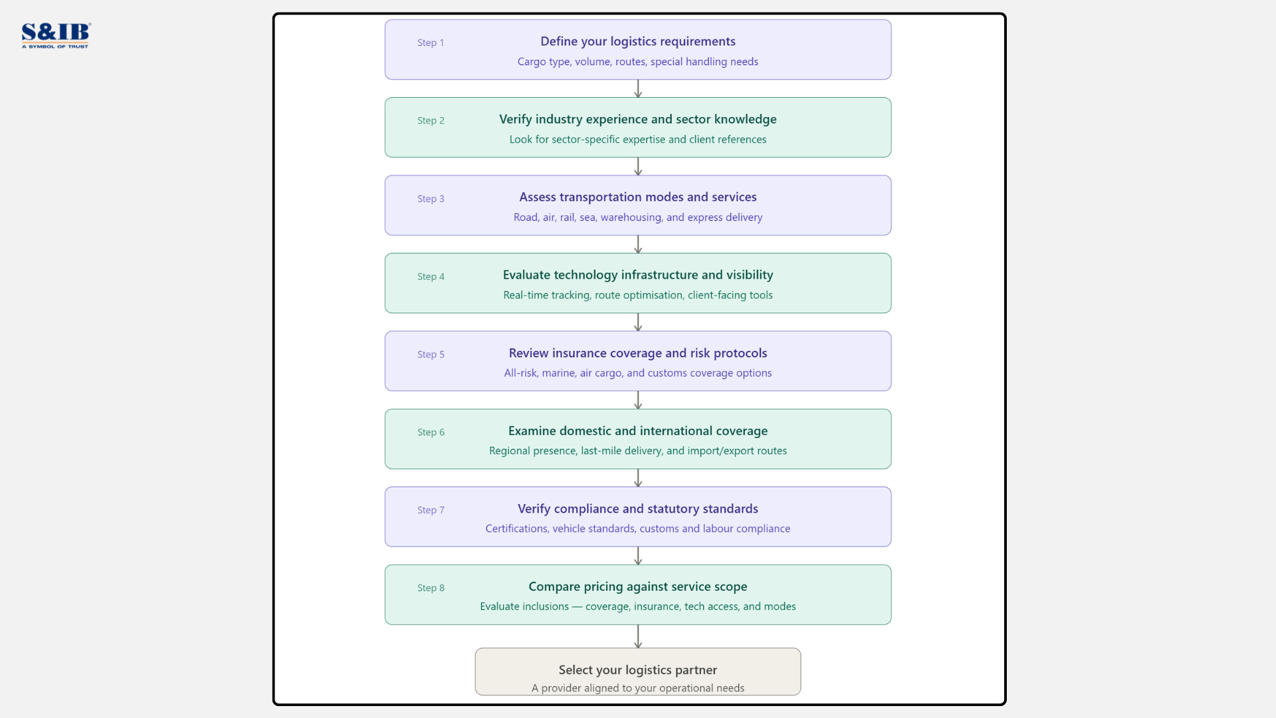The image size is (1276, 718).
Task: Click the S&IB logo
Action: tap(56, 35)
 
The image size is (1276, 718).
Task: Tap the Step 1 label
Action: tap(431, 43)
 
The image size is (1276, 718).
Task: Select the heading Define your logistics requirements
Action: tap(637, 41)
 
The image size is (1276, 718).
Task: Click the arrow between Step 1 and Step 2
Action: tap(638, 88)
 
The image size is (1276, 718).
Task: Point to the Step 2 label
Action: tap(431, 120)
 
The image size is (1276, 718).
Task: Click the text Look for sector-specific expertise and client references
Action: tap(637, 140)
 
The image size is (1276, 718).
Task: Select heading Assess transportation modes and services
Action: tap(637, 197)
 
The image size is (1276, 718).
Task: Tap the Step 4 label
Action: tap(431, 277)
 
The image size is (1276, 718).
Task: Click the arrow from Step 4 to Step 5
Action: tap(638, 322)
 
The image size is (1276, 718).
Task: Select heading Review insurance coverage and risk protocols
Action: tap(637, 353)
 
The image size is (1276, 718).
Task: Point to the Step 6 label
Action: tap(431, 432)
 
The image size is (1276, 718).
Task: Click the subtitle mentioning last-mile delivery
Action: tap(637, 451)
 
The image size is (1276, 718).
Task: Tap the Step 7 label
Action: tap(431, 510)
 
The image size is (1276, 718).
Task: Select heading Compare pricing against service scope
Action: tap(637, 586)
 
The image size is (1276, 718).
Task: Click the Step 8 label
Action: tap(431, 588)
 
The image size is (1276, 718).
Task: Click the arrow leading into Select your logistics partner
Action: tap(638, 636)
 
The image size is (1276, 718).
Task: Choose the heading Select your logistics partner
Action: tap(637, 669)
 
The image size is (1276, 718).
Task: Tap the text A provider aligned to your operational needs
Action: tap(637, 688)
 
